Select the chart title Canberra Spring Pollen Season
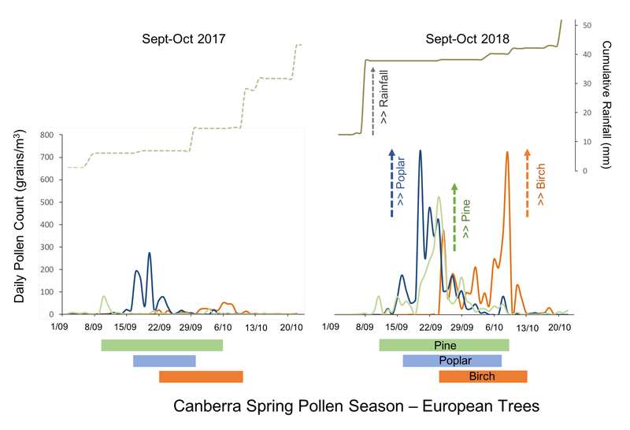[356, 406]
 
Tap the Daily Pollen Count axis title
[18, 217]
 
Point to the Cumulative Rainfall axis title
[606, 102]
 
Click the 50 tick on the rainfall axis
[586, 25]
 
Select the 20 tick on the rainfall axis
[586, 113]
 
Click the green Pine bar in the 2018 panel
[443, 345]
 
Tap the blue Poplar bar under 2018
[451, 361]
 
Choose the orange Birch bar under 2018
[482, 376]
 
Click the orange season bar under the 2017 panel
[201, 376]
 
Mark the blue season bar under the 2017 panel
[164, 361]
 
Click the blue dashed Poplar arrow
[391, 182]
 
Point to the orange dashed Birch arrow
[528, 182]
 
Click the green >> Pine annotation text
[466, 221]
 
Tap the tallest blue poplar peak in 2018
[420, 151]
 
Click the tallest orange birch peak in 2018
[507, 153]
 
